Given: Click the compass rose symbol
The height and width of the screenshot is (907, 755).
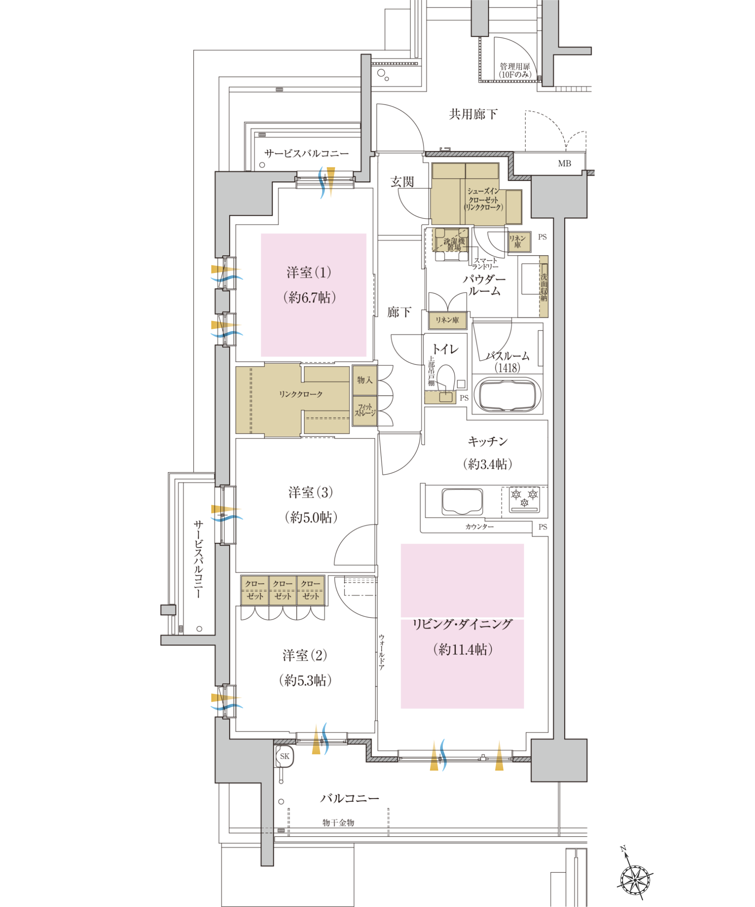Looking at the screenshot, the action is [635, 880].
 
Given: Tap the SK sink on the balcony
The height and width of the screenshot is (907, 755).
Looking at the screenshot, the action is [285, 756].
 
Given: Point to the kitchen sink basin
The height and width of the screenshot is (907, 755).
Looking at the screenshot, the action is [462, 501].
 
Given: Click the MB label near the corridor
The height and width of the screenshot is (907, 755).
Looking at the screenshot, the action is [564, 163].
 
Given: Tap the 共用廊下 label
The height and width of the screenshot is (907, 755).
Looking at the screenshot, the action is [473, 114].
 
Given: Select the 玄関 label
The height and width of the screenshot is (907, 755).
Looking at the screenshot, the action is [402, 182].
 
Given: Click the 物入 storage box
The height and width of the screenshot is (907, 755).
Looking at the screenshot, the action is [364, 380].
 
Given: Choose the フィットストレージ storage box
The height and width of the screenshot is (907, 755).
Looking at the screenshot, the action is [365, 410].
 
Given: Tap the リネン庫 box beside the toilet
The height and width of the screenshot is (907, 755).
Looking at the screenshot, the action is [447, 320].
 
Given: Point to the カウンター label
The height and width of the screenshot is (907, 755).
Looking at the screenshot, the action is [479, 527].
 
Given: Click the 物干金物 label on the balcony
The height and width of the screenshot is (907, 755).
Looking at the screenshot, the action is [338, 823].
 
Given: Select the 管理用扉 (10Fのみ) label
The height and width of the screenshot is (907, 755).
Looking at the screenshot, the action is [515, 70].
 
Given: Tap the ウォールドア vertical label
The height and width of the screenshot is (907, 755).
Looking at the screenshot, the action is [382, 652].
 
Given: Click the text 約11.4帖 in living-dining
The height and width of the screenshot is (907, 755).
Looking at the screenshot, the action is [463, 649].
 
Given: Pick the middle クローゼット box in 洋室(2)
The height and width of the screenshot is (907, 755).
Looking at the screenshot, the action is [283, 590].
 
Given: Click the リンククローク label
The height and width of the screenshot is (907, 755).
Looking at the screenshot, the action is [300, 394].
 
